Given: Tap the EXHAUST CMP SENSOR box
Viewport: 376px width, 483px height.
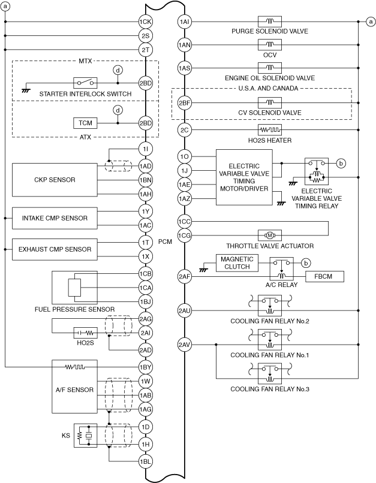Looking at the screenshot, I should [x=54, y=249].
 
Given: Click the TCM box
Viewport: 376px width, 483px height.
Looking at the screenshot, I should [x=83, y=123].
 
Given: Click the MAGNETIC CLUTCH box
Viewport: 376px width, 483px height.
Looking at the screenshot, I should [x=237, y=263].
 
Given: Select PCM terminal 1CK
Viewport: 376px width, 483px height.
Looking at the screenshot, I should [x=145, y=22].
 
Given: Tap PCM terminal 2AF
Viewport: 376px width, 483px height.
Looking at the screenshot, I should [x=185, y=276].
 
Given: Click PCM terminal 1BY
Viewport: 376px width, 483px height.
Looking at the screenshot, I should [x=145, y=367].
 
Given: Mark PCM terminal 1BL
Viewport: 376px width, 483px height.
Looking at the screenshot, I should [x=145, y=462].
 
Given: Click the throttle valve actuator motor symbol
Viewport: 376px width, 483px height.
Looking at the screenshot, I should [x=269, y=235].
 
